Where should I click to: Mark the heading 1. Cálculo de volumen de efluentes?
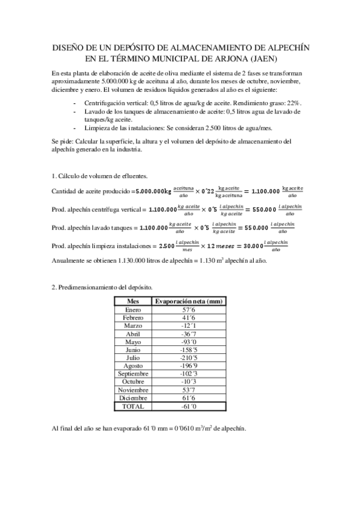(100, 176)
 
